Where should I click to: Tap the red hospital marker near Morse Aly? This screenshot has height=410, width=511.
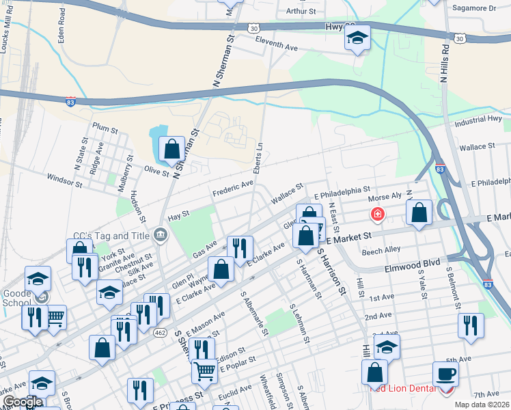pos(376,215)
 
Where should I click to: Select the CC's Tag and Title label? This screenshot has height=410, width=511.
pos(111,236)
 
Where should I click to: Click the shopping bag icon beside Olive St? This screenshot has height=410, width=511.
pos(171,149)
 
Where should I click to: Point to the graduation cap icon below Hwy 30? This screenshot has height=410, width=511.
pos(357,39)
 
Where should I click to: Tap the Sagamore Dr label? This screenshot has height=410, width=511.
pos(473,8)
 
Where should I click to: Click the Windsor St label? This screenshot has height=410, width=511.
pos(64,180)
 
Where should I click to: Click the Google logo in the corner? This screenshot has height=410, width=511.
pos(22,402)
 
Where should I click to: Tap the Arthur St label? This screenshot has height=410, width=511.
pos(301,12)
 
